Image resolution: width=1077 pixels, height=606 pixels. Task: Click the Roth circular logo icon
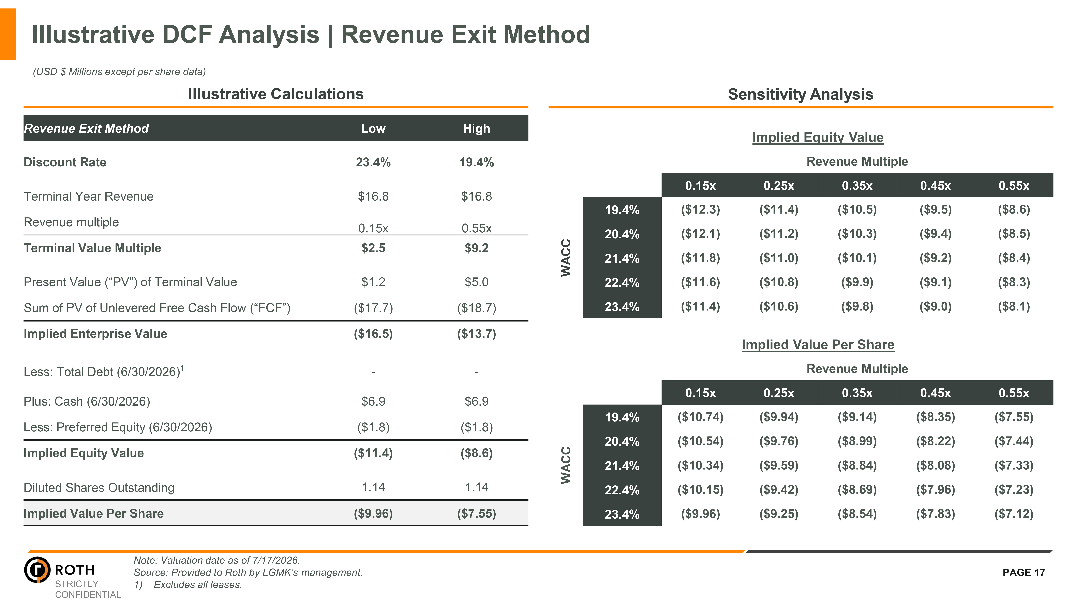(x=37, y=570)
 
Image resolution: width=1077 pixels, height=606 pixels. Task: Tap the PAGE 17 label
(x=1023, y=573)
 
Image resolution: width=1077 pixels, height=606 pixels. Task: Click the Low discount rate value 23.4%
(x=373, y=162)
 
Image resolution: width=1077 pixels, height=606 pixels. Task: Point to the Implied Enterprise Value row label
(x=95, y=334)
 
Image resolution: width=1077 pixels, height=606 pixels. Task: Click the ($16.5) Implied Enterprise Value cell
(x=373, y=334)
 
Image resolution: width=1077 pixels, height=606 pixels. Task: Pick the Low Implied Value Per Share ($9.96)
(x=373, y=514)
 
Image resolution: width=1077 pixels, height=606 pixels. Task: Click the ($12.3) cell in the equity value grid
(x=700, y=210)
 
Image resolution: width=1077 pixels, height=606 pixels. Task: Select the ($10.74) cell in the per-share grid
(x=700, y=417)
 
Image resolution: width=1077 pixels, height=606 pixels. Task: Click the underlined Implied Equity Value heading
(x=818, y=138)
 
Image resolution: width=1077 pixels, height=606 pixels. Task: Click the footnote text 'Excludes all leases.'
(x=198, y=585)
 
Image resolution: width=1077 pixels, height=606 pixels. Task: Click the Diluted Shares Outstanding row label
(x=99, y=488)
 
